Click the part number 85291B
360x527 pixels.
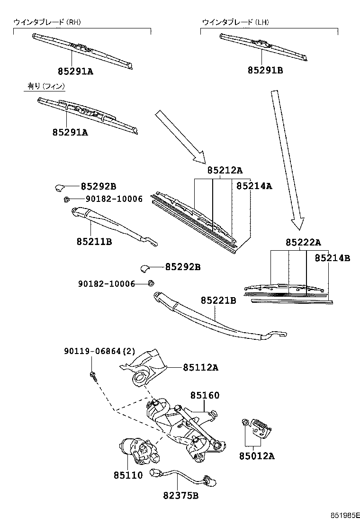(x=265, y=71)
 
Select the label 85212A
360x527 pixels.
(x=225, y=170)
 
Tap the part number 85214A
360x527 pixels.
(x=254, y=186)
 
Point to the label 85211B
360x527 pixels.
(x=94, y=242)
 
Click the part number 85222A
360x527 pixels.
(x=303, y=243)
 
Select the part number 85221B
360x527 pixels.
(x=218, y=300)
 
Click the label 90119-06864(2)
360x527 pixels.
(x=99, y=351)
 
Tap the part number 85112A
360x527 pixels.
(x=201, y=367)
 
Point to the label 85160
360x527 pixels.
(x=205, y=395)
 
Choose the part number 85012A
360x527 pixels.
(x=257, y=456)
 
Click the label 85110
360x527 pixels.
(x=128, y=475)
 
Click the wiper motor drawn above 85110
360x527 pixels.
(x=137, y=451)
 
